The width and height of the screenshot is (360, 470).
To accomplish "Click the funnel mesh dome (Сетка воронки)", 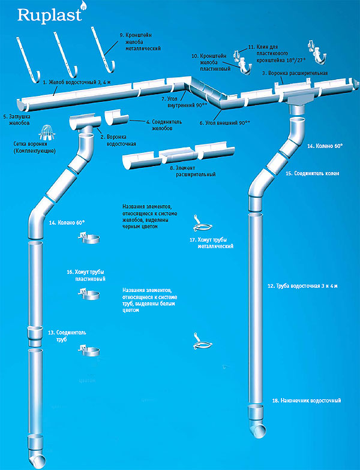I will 35,132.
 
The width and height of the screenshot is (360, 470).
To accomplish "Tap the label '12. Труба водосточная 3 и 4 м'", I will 303,287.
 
